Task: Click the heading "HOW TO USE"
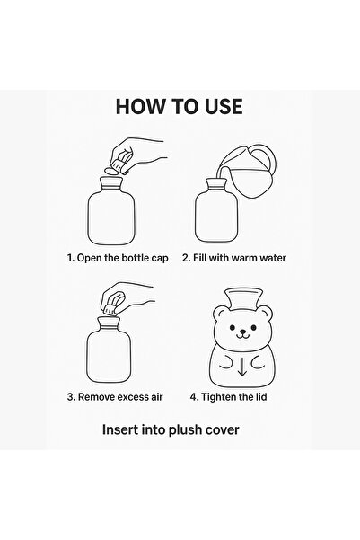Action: [179, 106]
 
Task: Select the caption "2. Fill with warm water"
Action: [241, 256]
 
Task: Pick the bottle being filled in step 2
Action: [215, 216]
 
